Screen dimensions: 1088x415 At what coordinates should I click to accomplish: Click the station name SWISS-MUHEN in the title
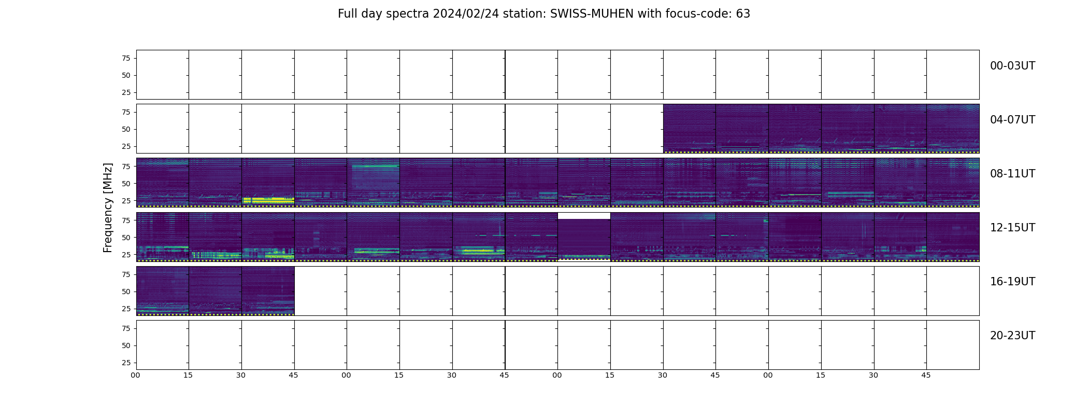[592, 14]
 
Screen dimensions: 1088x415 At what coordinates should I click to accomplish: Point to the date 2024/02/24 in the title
[466, 14]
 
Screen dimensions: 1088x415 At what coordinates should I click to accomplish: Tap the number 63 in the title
[743, 14]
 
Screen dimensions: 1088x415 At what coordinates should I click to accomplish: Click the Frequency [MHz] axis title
[108, 208]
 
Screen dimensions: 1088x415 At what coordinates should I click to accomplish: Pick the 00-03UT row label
[1012, 66]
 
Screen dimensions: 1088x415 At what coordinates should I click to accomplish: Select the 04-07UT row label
[1012, 120]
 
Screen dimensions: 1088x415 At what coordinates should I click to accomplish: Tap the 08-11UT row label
[1012, 174]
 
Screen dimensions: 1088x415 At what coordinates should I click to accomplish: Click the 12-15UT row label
[1012, 228]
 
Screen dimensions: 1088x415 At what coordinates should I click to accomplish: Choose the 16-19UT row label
[1012, 282]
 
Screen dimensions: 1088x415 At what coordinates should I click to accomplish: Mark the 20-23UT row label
[1012, 336]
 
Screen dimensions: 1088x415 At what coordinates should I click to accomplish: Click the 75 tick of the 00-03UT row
[126, 58]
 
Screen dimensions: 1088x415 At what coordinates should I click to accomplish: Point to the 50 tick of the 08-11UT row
[126, 184]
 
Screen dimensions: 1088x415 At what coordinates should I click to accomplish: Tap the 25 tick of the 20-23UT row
[126, 363]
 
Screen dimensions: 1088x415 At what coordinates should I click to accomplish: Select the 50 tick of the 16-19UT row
[126, 292]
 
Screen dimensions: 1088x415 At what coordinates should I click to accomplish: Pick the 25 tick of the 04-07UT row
[126, 146]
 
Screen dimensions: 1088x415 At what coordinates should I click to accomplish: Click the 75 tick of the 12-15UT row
[126, 220]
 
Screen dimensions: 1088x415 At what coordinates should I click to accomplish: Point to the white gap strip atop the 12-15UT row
[584, 216]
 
